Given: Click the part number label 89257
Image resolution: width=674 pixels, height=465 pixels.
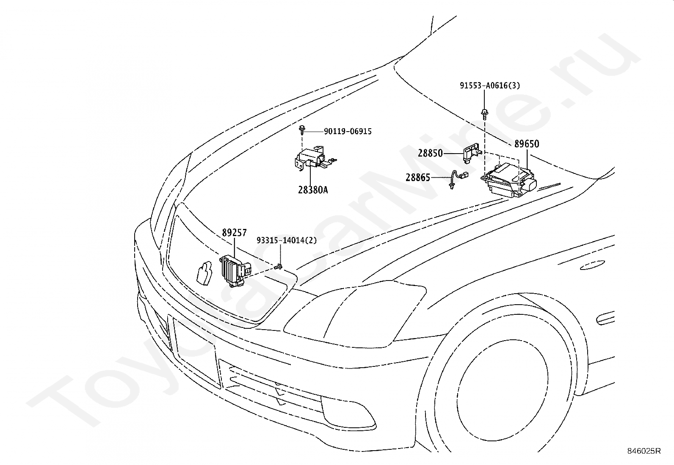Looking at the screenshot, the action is [x=235, y=233].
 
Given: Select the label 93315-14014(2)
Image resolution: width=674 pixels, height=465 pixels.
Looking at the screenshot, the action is [x=287, y=240].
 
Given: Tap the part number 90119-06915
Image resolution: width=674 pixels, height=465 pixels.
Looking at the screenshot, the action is [x=348, y=132].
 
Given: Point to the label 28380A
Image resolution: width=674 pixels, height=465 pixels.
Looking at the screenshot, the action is [x=313, y=190].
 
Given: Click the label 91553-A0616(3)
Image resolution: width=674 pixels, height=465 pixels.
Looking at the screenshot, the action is [x=490, y=86].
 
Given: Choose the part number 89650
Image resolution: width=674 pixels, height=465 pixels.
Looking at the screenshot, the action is [x=527, y=144].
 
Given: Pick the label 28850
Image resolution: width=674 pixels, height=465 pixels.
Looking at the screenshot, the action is [x=430, y=154].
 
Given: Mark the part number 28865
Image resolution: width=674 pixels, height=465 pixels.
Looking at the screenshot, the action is [x=418, y=178].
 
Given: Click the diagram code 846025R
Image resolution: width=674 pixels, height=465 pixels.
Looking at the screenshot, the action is [x=644, y=451].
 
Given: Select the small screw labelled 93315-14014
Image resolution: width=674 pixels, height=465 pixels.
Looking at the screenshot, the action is [x=279, y=267].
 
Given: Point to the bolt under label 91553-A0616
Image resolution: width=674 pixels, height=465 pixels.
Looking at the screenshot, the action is [x=484, y=113].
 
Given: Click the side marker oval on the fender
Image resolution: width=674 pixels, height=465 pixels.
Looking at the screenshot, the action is [x=592, y=265].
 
